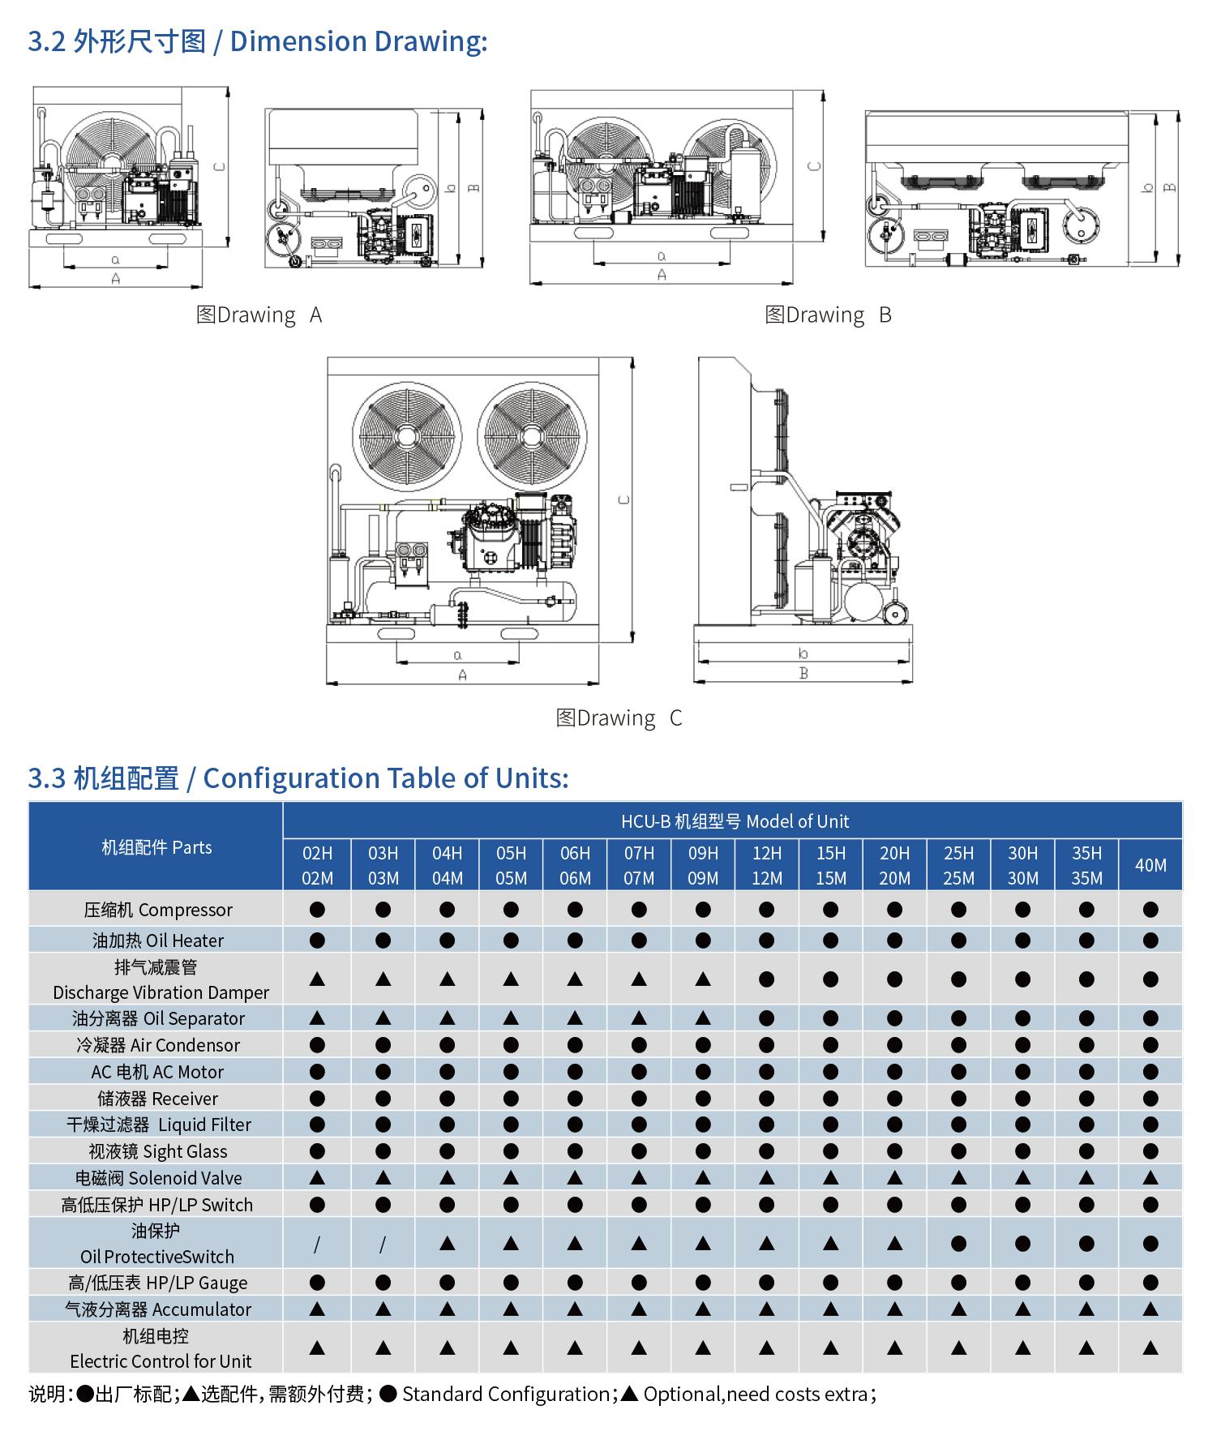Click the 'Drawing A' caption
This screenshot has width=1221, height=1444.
pos(259,315)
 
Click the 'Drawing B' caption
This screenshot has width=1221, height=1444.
pos(828,315)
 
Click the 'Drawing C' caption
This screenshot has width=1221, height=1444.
pos(619,718)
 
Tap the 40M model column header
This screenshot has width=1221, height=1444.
pos(1150,865)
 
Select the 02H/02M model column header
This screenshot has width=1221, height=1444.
pos(317,865)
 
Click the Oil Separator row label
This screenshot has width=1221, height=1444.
pos(158,1018)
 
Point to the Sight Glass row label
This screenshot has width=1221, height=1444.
pos(158,1151)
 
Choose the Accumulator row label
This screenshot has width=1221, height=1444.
pos(158,1309)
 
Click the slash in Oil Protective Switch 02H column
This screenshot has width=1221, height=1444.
pos(317,1244)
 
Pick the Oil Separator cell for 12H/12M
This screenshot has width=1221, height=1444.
pos(766,1018)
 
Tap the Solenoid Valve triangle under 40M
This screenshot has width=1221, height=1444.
pos(1150,1178)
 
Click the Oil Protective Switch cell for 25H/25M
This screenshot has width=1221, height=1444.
pos(958,1244)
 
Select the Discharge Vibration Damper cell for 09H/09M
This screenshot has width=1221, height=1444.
pos(703,979)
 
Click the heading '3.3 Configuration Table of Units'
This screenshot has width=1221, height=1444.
pos(298,778)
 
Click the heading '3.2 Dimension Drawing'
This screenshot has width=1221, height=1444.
pos(258,41)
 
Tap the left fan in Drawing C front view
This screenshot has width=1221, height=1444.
pos(406,435)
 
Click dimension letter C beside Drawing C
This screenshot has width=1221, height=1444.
pos(623,499)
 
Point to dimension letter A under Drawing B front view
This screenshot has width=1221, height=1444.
pos(662,275)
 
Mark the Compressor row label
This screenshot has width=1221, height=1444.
pos(158,910)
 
